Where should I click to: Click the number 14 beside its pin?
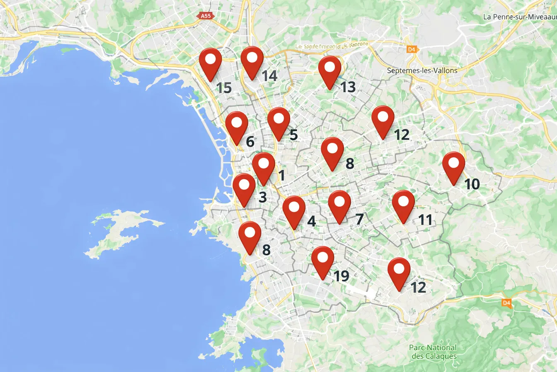(269, 76)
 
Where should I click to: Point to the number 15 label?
(224, 88)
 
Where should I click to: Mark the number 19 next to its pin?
(341, 276)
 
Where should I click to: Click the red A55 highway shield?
(205, 16)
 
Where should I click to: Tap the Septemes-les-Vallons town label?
(422, 71)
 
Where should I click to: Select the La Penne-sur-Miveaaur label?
(520, 17)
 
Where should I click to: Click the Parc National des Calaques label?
(433, 352)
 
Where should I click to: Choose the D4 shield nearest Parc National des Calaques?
(506, 303)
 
